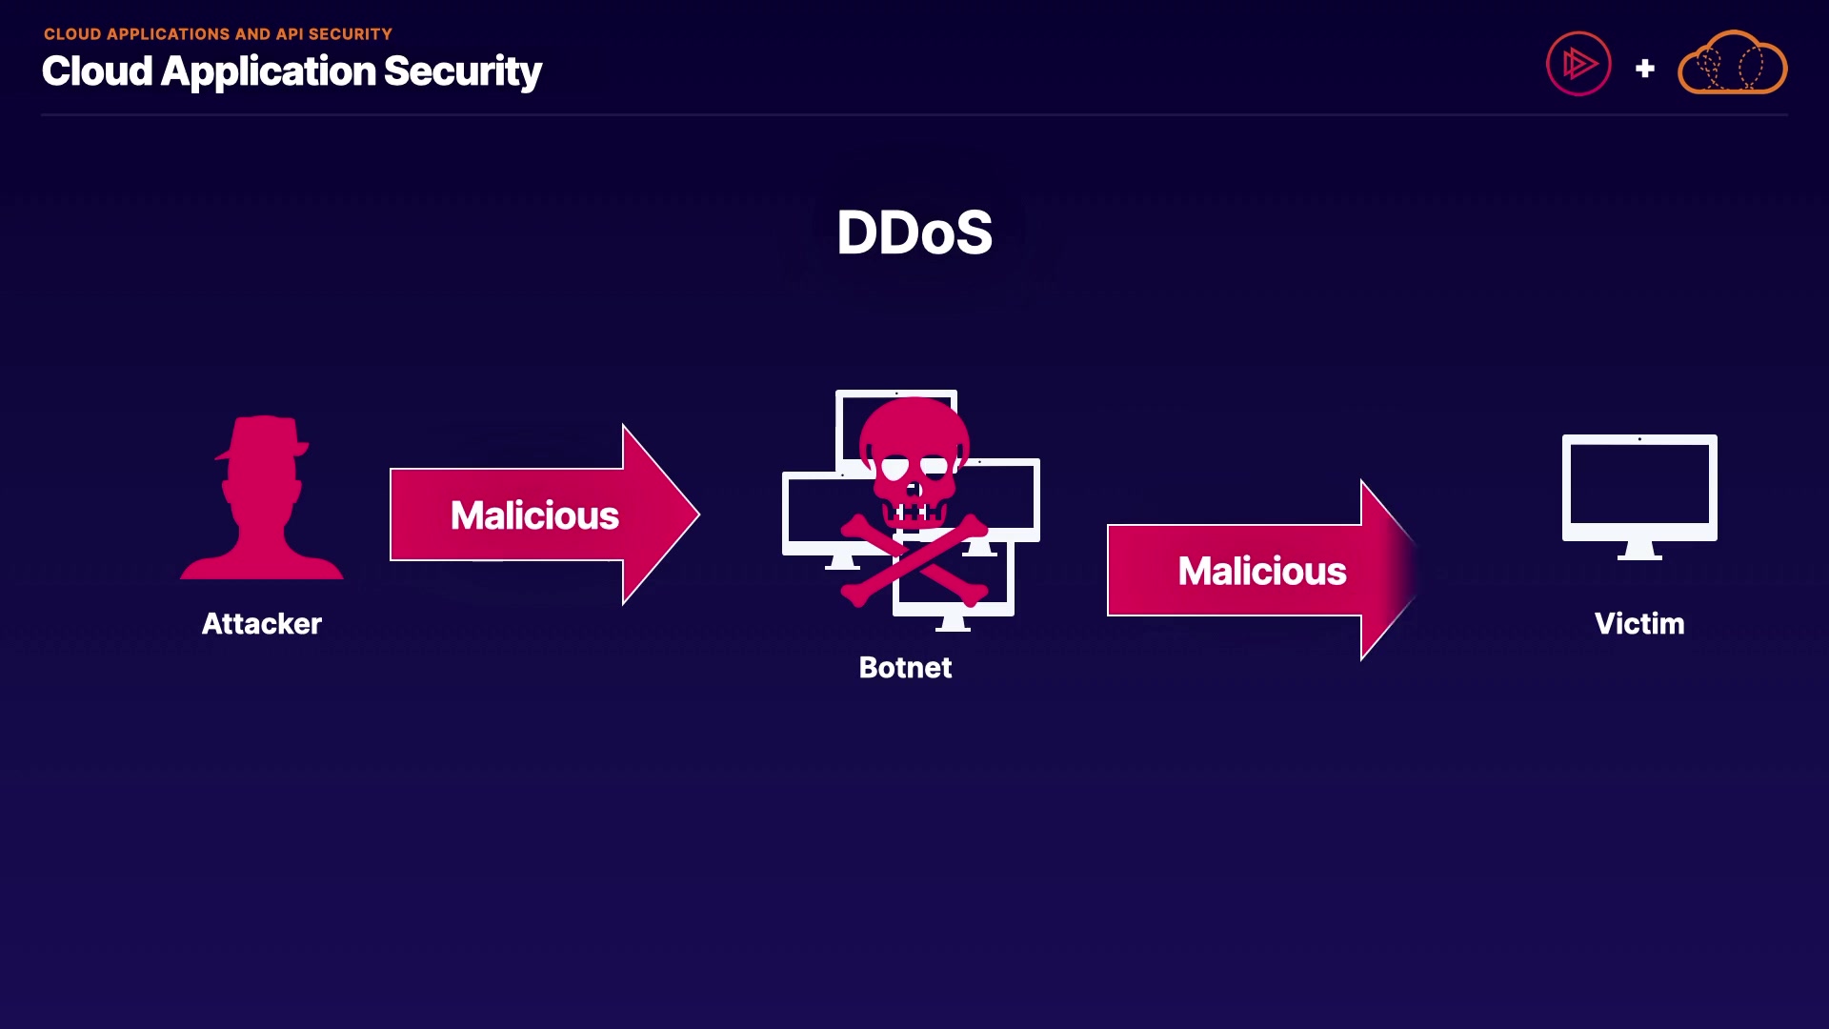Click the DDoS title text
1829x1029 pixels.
pos(914,232)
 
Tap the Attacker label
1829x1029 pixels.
pos(262,624)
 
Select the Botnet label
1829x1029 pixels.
pos(905,668)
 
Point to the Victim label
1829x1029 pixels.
pos(1639,624)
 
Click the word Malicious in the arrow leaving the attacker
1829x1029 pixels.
pos(534,515)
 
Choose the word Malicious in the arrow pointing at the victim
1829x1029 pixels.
pos(1262,572)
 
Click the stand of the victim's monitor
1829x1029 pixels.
pos(1639,551)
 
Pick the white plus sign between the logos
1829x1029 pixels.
pos(1645,69)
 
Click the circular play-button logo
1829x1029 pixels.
pos(1578,64)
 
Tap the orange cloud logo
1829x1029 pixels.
pos(1733,64)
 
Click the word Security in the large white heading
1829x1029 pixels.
pos(463,71)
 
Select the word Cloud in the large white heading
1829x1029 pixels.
pos(97,71)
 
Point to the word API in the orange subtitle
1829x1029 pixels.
pos(290,34)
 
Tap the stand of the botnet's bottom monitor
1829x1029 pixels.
pos(953,623)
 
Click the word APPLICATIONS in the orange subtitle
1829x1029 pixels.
pos(168,34)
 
